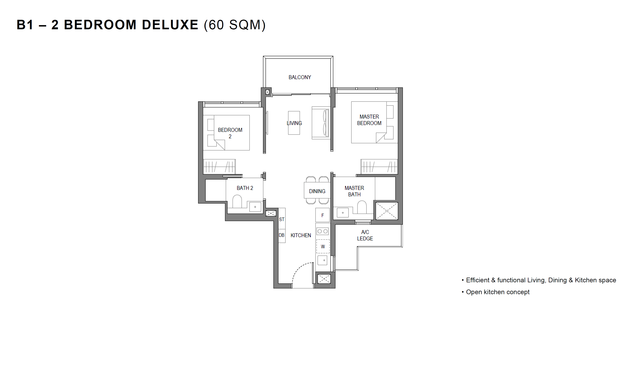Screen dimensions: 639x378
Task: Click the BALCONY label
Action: [300, 77]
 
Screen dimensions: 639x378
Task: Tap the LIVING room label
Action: [294, 123]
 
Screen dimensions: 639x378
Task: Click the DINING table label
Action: [317, 191]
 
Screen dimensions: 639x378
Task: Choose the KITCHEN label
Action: [301, 235]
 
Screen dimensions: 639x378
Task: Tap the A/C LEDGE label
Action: [365, 235]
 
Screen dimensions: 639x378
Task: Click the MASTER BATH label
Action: [354, 191]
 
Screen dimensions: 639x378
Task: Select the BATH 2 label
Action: [245, 188]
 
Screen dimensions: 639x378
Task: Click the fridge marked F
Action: [322, 215]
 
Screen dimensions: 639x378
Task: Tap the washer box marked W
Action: [323, 246]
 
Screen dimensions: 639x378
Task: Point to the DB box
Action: [282, 235]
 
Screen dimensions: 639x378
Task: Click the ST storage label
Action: [282, 219]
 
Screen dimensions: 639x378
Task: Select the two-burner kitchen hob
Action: [322, 231]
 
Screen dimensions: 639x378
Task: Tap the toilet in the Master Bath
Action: [362, 207]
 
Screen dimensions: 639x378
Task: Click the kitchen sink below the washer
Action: [322, 260]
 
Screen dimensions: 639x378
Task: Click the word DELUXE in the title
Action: [170, 25]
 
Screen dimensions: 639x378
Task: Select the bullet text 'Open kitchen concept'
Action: [498, 292]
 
